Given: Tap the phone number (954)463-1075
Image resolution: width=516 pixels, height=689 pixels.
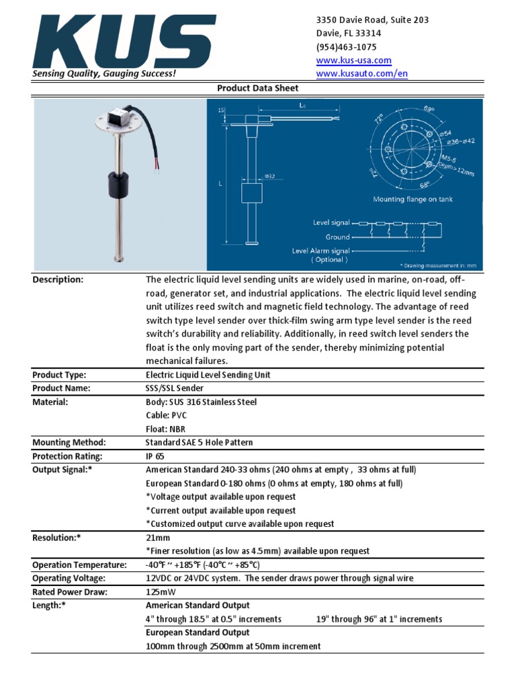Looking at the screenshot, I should [346, 47].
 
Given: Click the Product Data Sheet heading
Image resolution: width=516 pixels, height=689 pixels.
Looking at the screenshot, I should [257, 88].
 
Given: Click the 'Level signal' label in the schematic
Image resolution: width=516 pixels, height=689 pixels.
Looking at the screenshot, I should [331, 222].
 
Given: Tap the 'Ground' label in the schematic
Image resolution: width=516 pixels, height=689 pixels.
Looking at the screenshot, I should [337, 237].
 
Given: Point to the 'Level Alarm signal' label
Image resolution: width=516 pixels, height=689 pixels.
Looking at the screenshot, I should [320, 251].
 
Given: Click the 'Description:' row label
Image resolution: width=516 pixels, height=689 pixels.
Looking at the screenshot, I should [58, 280].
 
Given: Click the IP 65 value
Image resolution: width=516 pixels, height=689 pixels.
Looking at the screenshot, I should [155, 456].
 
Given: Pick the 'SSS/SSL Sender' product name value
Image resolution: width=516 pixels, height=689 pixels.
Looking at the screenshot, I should [174, 388].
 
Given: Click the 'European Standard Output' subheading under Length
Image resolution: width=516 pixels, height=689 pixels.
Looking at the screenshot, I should [198, 632].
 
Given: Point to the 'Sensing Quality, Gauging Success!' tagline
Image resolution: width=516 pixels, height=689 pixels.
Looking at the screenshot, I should [105, 73].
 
